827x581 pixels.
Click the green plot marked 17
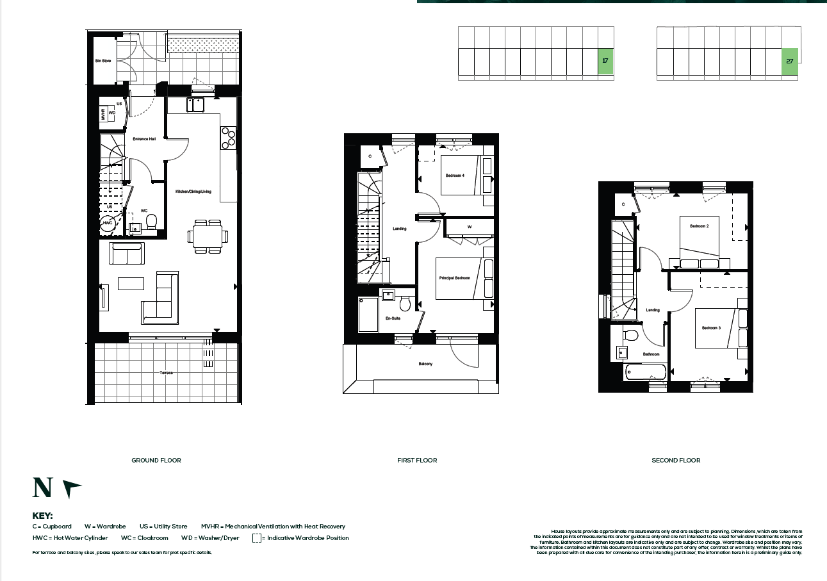(x=605, y=61)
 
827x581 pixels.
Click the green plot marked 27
(x=790, y=61)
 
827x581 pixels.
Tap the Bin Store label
(x=103, y=61)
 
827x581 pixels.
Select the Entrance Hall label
(x=144, y=139)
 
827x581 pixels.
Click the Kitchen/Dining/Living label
(x=193, y=192)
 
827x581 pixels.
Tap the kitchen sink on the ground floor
(x=195, y=104)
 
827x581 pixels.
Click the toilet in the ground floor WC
(x=152, y=222)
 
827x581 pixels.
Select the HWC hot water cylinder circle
(x=108, y=224)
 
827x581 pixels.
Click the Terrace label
(x=167, y=373)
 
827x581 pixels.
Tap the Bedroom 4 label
(x=455, y=175)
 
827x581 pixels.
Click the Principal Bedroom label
(x=455, y=278)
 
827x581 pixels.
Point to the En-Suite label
(x=393, y=318)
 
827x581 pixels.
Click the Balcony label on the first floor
(x=425, y=364)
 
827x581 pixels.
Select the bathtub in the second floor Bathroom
(x=646, y=372)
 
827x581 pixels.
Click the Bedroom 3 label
(x=711, y=328)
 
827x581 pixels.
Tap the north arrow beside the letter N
(x=72, y=489)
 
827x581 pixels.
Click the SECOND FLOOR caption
(x=676, y=460)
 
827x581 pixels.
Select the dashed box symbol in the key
(x=256, y=538)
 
